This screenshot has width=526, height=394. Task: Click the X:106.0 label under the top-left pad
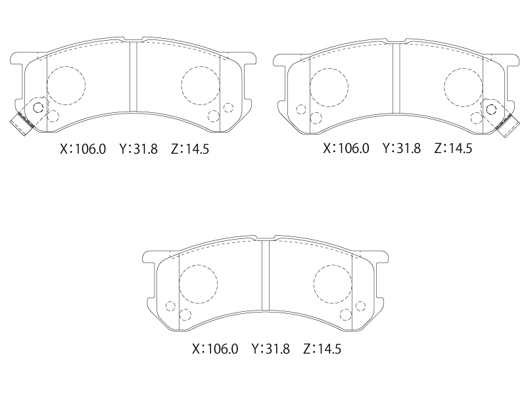(83, 149)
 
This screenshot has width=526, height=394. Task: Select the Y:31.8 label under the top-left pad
(139, 149)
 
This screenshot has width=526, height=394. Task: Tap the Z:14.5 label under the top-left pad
(190, 149)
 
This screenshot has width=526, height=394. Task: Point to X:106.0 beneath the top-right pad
(346, 148)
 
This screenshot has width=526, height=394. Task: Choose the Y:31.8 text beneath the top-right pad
(402, 148)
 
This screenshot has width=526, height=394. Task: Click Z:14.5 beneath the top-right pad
(453, 148)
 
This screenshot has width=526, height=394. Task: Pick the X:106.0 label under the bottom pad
(215, 349)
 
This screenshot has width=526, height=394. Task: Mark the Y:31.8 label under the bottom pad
(270, 349)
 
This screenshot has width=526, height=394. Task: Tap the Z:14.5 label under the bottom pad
(322, 349)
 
